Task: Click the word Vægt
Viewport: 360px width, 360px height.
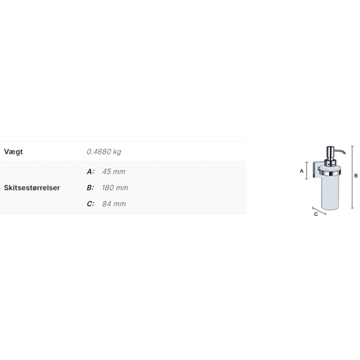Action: (x=13, y=152)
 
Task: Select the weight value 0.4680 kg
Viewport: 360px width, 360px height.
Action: (x=104, y=152)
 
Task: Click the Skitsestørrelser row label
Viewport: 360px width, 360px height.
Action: (x=32, y=188)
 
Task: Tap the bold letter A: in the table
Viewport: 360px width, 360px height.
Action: (x=91, y=171)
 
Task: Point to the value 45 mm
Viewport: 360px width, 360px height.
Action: (x=114, y=171)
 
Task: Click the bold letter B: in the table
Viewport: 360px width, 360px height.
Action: (x=91, y=188)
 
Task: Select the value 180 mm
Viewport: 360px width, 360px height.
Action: (x=115, y=188)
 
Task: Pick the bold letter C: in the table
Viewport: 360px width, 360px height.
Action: (x=91, y=204)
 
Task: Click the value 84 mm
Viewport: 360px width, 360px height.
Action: (x=114, y=204)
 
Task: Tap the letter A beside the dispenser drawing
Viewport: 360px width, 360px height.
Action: (x=302, y=171)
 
